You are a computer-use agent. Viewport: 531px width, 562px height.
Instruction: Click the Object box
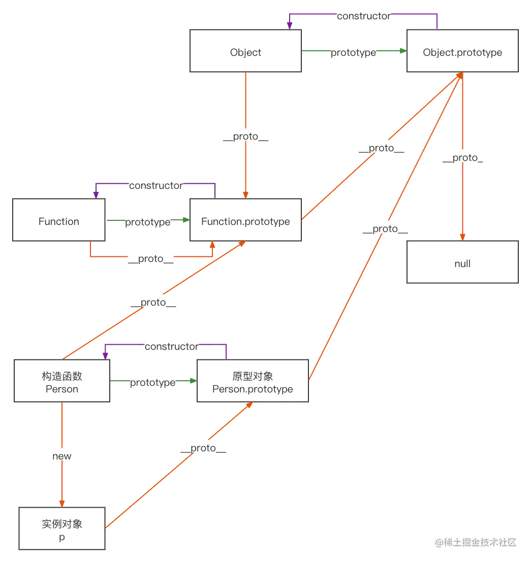point(245,51)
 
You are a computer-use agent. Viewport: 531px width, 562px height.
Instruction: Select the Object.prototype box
point(462,51)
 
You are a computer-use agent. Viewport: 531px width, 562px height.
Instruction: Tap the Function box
point(59,221)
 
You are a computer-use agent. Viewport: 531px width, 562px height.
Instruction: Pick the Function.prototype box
point(245,221)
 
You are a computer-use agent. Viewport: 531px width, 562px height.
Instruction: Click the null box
point(462,263)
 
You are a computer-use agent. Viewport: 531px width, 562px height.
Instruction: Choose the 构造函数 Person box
point(62,382)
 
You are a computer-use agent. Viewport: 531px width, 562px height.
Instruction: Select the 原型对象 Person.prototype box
point(253,382)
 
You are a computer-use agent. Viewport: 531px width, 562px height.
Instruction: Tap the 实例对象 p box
point(62,530)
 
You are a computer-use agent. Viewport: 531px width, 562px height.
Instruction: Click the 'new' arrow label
point(62,456)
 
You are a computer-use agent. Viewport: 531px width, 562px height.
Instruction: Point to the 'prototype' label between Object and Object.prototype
point(354,52)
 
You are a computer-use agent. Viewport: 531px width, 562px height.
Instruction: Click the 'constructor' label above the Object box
point(364,16)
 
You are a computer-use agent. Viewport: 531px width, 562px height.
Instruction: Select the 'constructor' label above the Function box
point(155,185)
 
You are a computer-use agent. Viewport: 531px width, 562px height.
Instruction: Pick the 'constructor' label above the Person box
point(172,346)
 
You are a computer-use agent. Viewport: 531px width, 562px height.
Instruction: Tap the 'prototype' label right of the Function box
point(148,222)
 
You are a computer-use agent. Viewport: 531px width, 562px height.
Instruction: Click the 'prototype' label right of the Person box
point(153,382)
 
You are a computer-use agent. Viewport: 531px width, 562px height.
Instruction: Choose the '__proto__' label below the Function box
point(151,258)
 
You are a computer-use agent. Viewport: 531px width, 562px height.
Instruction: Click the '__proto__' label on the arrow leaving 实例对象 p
point(203,447)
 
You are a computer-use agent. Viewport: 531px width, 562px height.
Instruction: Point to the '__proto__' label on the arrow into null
point(462,157)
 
